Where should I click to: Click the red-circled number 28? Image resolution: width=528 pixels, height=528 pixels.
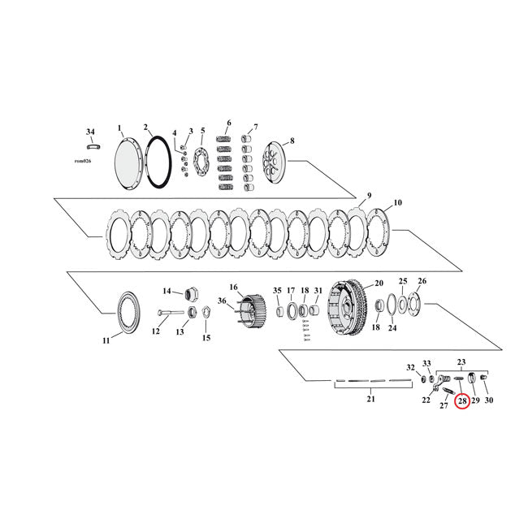(x=463, y=401)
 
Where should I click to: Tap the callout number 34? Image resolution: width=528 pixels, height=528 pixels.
(x=90, y=131)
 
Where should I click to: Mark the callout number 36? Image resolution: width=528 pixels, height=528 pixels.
(x=221, y=301)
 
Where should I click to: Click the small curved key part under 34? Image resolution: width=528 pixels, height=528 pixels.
(x=93, y=147)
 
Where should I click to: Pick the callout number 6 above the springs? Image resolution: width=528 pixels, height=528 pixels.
(x=228, y=123)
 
